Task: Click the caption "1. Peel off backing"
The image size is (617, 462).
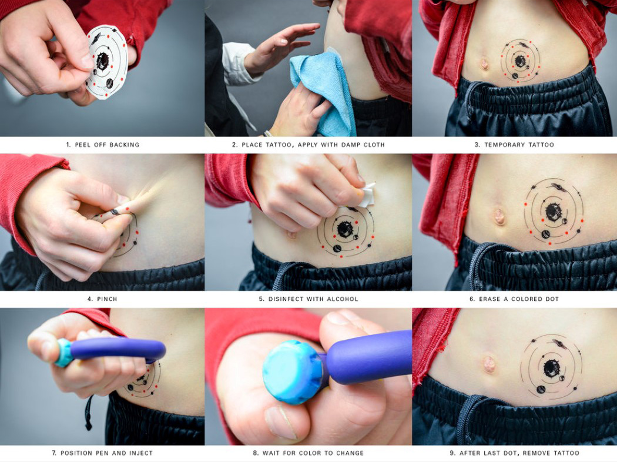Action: click(x=102, y=145)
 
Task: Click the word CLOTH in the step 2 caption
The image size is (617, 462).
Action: click(x=372, y=145)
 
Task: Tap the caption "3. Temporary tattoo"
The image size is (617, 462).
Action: click(x=514, y=145)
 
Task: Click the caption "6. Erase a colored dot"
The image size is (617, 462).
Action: click(x=514, y=299)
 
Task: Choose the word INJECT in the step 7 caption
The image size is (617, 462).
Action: click(x=140, y=453)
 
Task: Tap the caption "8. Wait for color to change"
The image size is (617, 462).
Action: click(x=308, y=453)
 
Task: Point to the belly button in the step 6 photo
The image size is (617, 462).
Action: click(x=499, y=216)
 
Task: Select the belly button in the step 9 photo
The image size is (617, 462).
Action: click(x=489, y=364)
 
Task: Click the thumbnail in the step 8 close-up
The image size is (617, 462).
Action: click(x=281, y=423)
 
